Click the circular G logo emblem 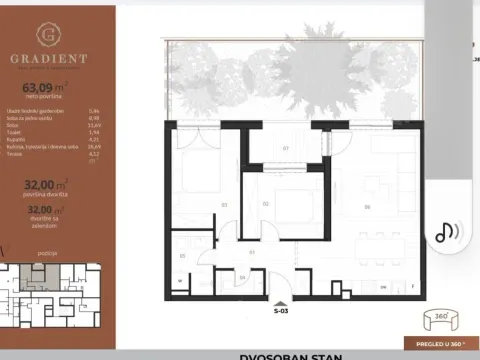pyautogui.click(x=48, y=35)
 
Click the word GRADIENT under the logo pyautogui.click(x=48, y=57)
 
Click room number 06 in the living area pyautogui.click(x=369, y=207)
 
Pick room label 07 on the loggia pyautogui.click(x=285, y=148)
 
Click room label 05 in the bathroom pyautogui.click(x=182, y=256)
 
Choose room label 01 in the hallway pyautogui.click(x=253, y=251)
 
